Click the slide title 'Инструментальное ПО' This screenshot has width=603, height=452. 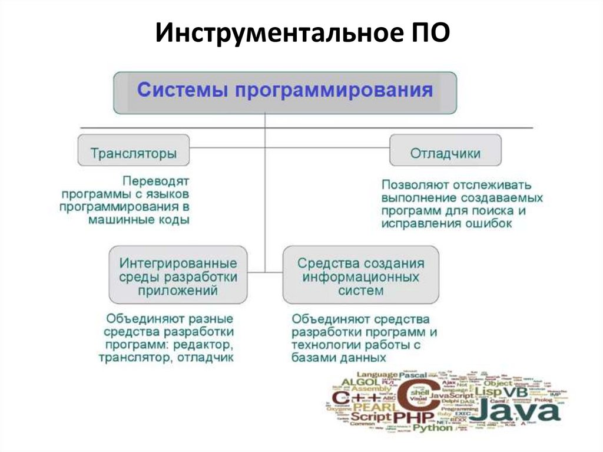click(x=302, y=34)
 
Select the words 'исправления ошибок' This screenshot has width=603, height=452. click(x=446, y=224)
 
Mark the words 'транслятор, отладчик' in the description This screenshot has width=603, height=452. click(x=167, y=357)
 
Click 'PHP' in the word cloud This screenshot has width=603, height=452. click(x=413, y=417)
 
